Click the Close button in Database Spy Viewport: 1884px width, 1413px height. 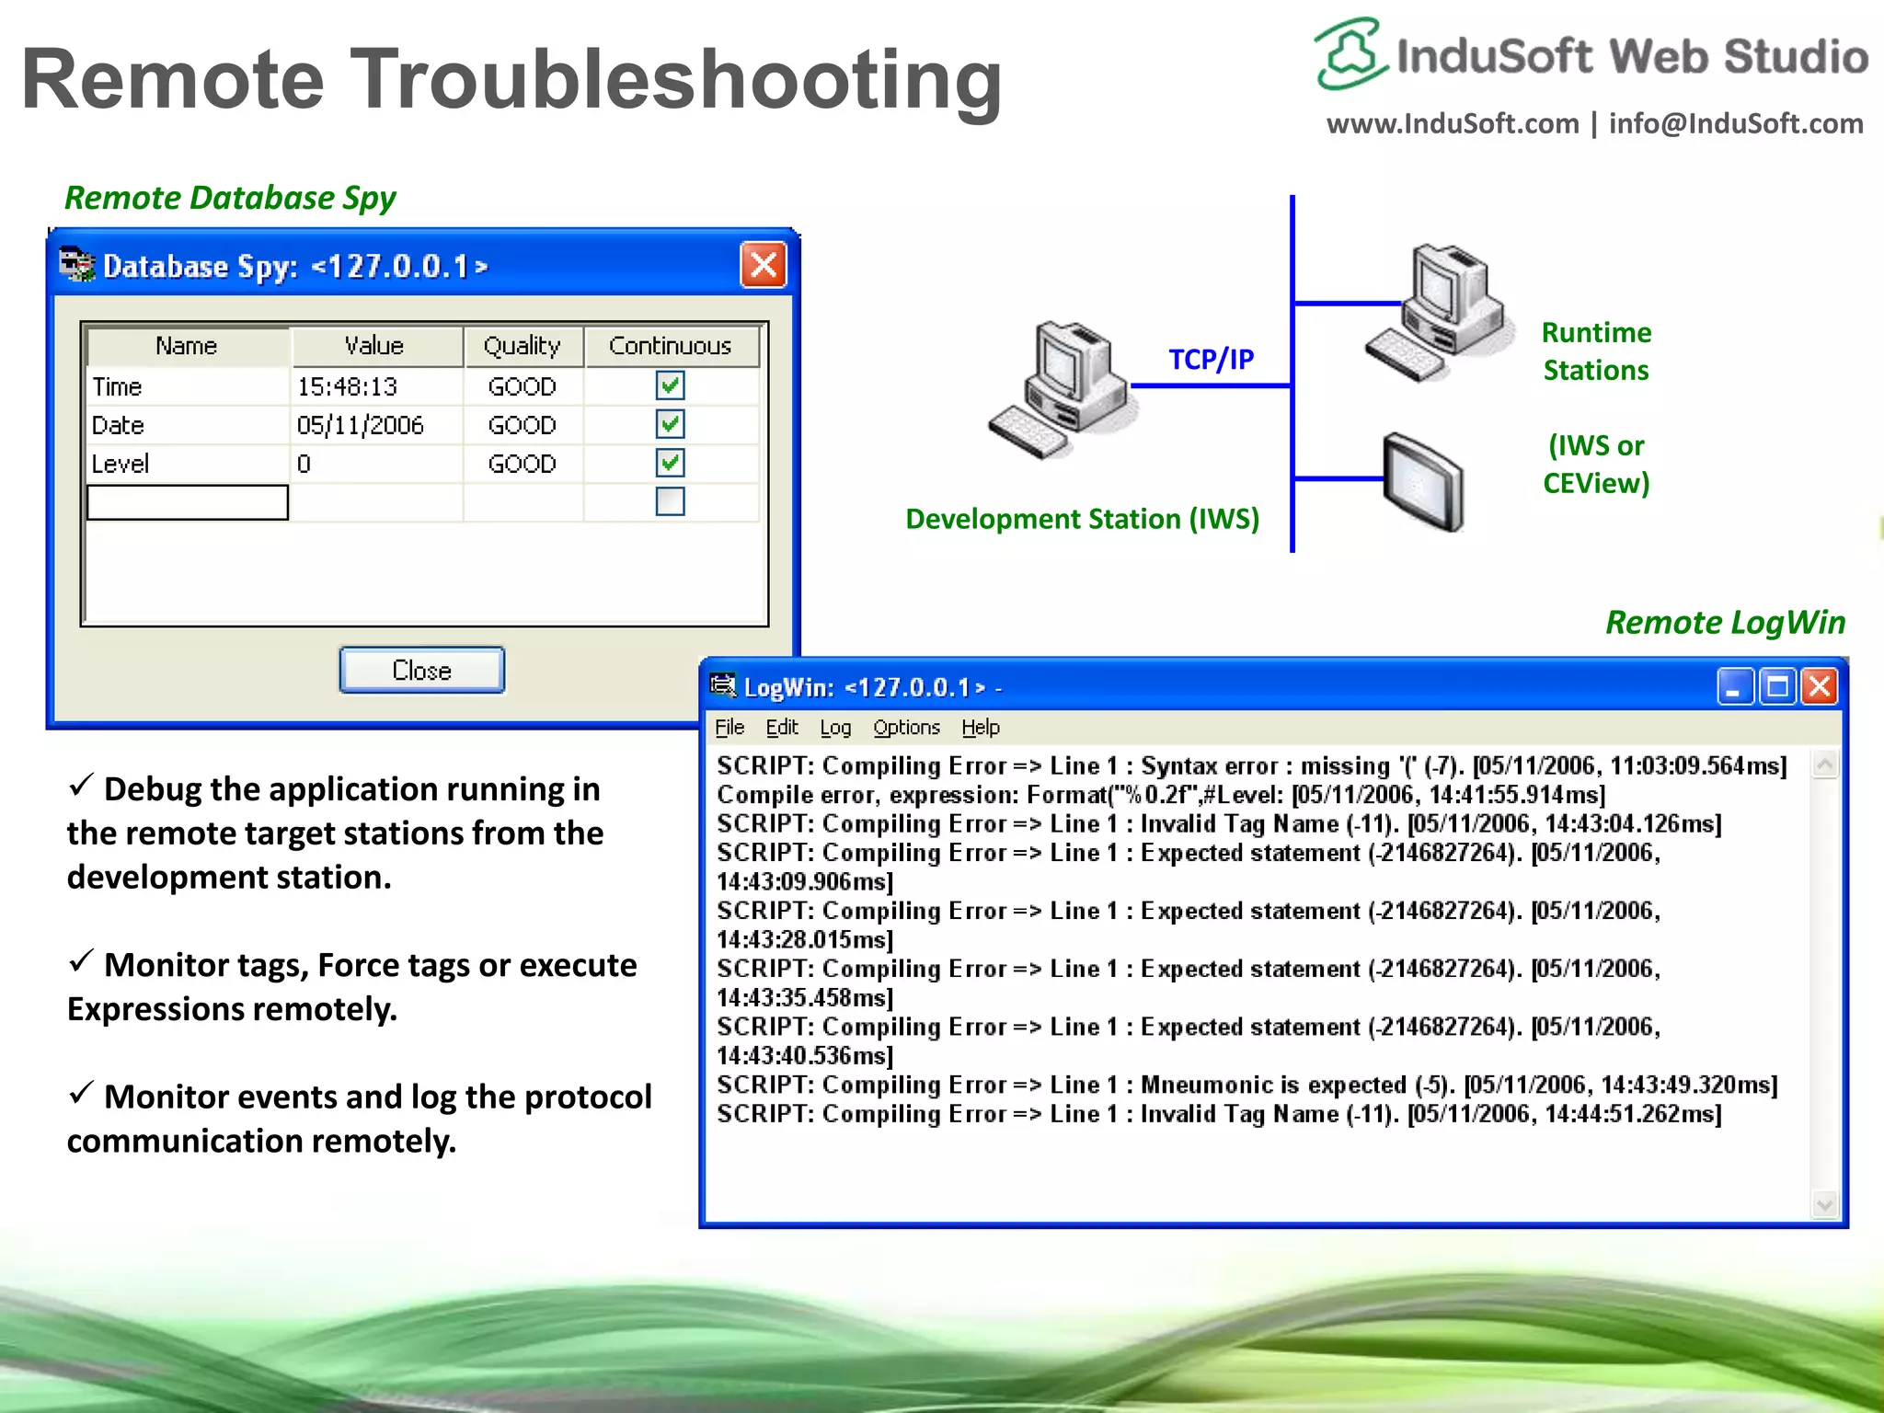point(421,670)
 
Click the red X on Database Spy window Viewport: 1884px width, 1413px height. point(764,265)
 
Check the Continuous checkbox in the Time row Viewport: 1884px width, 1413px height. point(670,385)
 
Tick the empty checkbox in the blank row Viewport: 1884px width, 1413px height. point(670,501)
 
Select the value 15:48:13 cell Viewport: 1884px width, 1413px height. point(347,386)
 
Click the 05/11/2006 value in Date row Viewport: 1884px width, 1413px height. point(360,425)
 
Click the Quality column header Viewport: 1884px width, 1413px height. point(522,346)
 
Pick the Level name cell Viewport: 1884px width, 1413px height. point(121,464)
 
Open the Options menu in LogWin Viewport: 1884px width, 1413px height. point(906,728)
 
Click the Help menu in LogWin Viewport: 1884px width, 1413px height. point(981,728)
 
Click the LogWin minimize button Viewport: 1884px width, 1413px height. point(1733,687)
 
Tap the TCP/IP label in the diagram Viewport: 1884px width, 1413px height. point(1211,359)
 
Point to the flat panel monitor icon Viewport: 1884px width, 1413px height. point(1422,481)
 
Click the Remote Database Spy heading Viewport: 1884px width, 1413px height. point(230,198)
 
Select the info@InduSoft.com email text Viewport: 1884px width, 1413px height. point(1736,123)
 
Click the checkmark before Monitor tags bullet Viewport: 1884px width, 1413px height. point(81,961)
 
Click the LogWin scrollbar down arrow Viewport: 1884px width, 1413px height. point(1824,1203)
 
